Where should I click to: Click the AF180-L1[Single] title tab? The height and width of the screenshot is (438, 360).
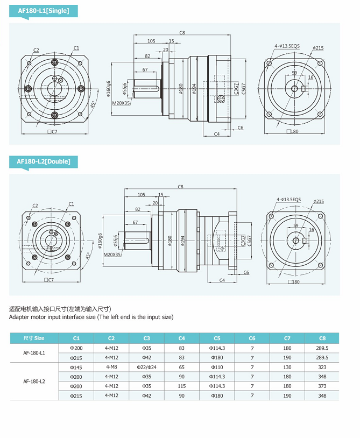pos(44,10)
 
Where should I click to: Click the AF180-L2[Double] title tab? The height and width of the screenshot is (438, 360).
pos(44,161)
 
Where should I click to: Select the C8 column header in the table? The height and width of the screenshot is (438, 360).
pos(322,338)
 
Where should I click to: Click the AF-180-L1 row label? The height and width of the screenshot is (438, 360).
pos(34,353)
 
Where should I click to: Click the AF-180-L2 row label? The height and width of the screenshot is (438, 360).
pos(34,381)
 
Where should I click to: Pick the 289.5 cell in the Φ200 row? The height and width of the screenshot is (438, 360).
pos(322,348)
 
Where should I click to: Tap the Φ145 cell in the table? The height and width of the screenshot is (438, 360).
pos(76,367)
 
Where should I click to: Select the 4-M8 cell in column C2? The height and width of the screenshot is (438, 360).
pos(111,367)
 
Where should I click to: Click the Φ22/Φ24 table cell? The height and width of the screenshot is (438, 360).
pos(146,367)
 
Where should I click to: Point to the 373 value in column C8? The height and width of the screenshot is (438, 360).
pos(322,386)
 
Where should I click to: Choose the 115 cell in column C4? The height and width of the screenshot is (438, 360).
pos(181,386)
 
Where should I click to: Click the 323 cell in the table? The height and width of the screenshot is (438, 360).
pos(322,367)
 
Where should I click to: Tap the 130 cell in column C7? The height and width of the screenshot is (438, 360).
pos(287,367)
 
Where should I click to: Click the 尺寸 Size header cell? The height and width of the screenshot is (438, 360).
pos(34,338)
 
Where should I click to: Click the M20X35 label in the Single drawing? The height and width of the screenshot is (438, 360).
pos(121,103)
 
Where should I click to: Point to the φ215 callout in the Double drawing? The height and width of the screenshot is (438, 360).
pos(318,202)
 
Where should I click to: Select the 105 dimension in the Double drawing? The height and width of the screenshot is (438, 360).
pos(142,194)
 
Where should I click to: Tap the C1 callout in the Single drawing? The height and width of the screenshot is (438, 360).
pos(76,48)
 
